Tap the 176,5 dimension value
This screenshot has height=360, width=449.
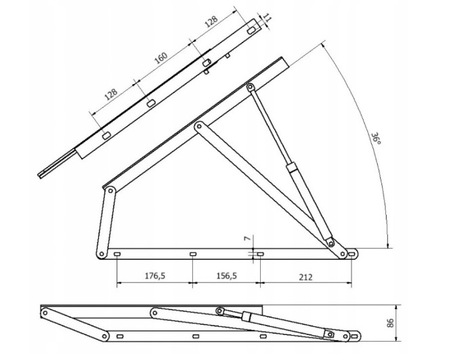point(155,276)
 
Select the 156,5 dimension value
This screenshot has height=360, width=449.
point(226,276)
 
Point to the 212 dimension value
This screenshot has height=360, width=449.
point(305,277)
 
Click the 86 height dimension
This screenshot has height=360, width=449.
point(390,323)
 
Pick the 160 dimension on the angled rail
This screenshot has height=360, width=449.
point(161,58)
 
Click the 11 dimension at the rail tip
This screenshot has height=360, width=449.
point(267,18)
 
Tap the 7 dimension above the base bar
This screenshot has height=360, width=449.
point(248,237)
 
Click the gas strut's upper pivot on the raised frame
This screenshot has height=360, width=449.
point(251,87)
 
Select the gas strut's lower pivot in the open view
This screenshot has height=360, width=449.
point(331,243)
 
